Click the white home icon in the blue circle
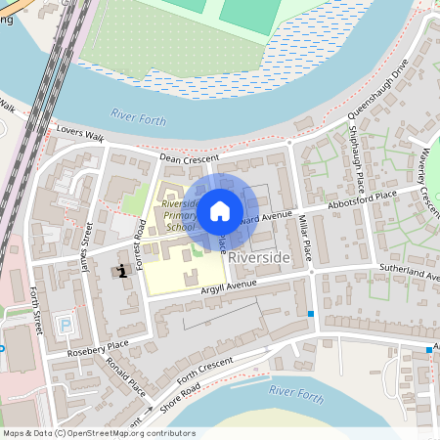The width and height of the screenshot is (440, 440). (220, 209)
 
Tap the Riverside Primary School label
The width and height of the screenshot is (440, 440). (181, 215)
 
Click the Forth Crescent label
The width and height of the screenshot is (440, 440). (203, 366)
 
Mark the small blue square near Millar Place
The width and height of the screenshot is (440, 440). (311, 313)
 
